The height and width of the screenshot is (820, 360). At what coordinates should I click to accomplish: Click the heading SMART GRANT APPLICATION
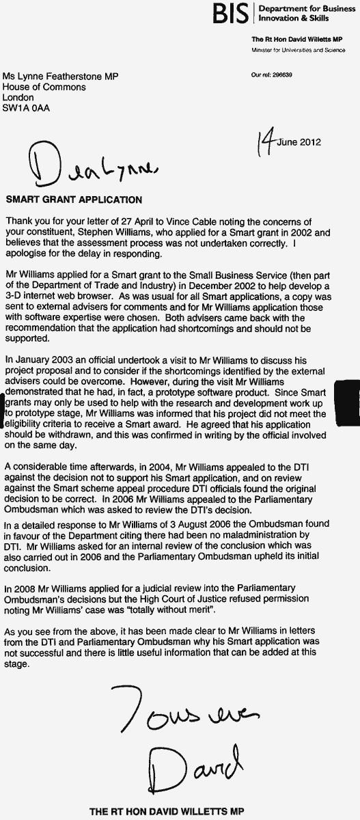tap(74, 200)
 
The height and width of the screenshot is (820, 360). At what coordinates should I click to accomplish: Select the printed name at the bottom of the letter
tap(165, 811)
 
